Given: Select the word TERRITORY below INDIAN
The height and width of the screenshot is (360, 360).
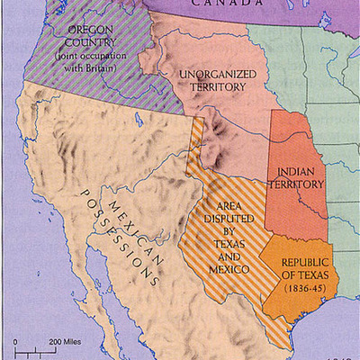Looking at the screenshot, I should (300, 184).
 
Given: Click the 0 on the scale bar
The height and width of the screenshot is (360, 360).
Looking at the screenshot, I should (15, 343).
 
